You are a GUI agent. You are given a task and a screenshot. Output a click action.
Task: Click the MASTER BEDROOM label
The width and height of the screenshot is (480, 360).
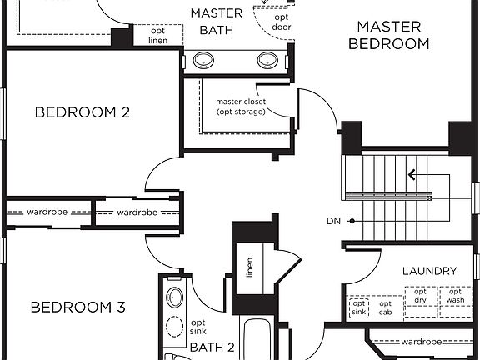tap(389, 35)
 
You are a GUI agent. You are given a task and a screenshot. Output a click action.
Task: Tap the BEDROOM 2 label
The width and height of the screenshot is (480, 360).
tap(82, 112)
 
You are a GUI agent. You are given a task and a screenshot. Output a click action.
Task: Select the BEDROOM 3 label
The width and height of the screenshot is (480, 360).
tap(78, 307)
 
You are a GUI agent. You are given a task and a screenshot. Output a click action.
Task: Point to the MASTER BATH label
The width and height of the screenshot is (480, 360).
tap(217, 22)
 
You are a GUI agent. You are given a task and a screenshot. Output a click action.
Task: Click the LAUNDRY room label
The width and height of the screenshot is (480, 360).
tap(429, 271)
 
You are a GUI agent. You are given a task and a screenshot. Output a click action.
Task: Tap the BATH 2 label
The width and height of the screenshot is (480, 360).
tap(212, 347)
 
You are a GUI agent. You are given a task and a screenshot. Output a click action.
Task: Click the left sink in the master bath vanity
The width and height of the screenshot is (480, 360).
tap(203, 61)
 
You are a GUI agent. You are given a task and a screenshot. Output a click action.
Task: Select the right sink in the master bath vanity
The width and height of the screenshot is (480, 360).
tap(267, 61)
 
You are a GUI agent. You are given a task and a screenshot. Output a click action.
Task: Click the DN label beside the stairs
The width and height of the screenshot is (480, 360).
tap(333, 221)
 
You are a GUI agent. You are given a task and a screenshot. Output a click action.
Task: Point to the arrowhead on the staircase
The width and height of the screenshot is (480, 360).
tap(412, 175)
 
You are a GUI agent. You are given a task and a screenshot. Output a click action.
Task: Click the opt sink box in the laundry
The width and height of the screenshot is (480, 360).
tap(359, 308)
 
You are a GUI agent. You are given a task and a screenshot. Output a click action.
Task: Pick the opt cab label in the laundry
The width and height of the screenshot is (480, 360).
tap(385, 308)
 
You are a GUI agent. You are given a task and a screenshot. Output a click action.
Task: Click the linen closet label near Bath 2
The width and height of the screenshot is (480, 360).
tap(250, 267)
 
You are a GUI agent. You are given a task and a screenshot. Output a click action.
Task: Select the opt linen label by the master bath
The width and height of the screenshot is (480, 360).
tap(158, 36)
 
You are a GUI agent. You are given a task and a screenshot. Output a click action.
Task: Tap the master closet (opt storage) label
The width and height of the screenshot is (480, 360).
tap(241, 107)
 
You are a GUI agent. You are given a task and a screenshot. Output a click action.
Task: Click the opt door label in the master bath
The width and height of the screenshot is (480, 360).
tap(282, 22)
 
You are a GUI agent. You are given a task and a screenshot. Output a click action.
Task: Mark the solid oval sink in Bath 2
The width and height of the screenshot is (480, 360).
tap(175, 297)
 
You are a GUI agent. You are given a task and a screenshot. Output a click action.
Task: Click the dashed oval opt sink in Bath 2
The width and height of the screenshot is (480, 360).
tap(175, 327)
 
